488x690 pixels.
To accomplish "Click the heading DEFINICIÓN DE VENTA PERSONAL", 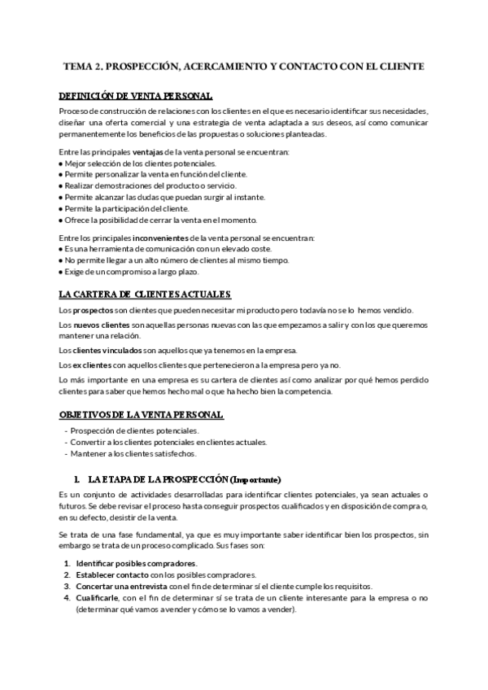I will click(136, 95).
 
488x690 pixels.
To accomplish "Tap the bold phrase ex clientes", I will click(94, 365).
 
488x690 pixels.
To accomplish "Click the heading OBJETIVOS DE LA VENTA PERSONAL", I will click(142, 415).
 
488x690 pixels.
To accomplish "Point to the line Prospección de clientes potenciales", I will click(134, 430).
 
